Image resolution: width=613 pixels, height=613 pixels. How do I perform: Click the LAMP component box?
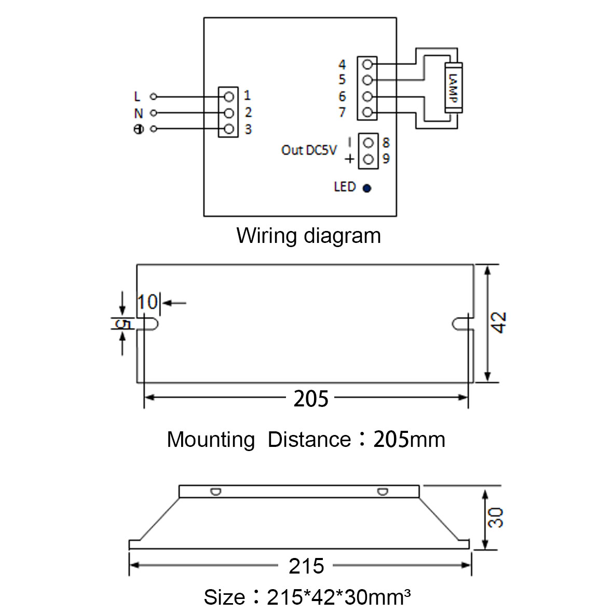tap(454, 88)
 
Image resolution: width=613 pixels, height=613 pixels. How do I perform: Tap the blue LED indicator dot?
tap(366, 188)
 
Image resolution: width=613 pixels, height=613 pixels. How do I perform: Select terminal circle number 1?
tap(229, 97)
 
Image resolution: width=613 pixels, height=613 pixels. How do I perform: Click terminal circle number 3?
tap(229, 129)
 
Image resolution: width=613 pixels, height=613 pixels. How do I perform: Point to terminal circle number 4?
tap(367, 64)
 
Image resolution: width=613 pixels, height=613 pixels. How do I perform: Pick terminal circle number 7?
tap(367, 113)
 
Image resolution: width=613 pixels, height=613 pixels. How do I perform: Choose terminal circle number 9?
tap(369, 159)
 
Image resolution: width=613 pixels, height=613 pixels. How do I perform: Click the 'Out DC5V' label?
tap(309, 150)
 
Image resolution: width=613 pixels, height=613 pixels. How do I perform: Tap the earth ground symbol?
tap(139, 129)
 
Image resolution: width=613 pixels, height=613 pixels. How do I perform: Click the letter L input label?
tap(137, 97)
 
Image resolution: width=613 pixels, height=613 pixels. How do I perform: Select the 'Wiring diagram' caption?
tap(308, 236)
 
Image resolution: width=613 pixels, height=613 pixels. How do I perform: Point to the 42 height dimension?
tap(499, 322)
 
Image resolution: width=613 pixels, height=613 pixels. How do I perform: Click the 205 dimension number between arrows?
tap(311, 399)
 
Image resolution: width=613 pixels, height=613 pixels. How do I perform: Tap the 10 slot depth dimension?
tap(147, 302)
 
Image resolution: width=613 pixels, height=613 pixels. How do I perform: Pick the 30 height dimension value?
tap(496, 517)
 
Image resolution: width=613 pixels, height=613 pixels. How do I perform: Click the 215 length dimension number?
tap(306, 566)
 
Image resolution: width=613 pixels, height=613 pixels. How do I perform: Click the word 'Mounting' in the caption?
tap(211, 440)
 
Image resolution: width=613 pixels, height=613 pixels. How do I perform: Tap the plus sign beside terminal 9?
tap(349, 159)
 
